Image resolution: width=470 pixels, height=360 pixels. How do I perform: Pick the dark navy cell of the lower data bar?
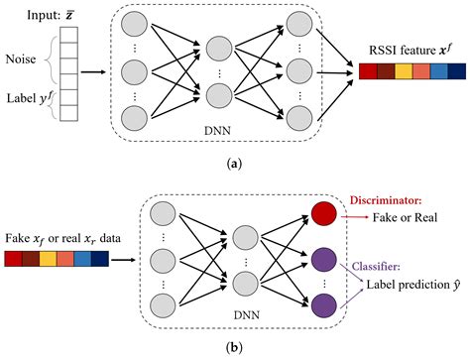point(100,261)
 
